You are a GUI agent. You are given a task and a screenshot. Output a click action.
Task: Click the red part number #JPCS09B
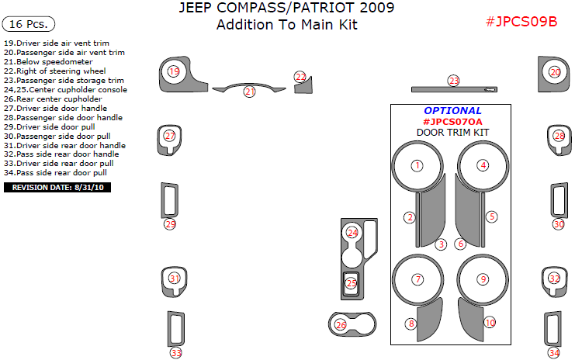[521, 22]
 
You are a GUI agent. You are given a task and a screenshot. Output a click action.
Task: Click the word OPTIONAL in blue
[452, 111]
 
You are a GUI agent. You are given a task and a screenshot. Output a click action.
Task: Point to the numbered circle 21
[249, 92]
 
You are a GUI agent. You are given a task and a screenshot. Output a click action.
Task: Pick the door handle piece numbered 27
[170, 138]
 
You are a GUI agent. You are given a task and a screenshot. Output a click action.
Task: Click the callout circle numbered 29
[170, 224]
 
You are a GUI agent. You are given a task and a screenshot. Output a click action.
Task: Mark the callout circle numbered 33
[176, 353]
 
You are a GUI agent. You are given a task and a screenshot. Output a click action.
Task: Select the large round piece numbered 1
[417, 166]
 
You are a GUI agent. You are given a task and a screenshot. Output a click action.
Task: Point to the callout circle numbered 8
[411, 324]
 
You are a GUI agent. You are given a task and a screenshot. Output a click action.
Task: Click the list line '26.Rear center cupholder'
[53, 99]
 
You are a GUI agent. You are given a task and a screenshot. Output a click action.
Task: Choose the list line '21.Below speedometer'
[48, 62]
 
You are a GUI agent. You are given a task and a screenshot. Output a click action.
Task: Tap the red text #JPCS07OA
[452, 122]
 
